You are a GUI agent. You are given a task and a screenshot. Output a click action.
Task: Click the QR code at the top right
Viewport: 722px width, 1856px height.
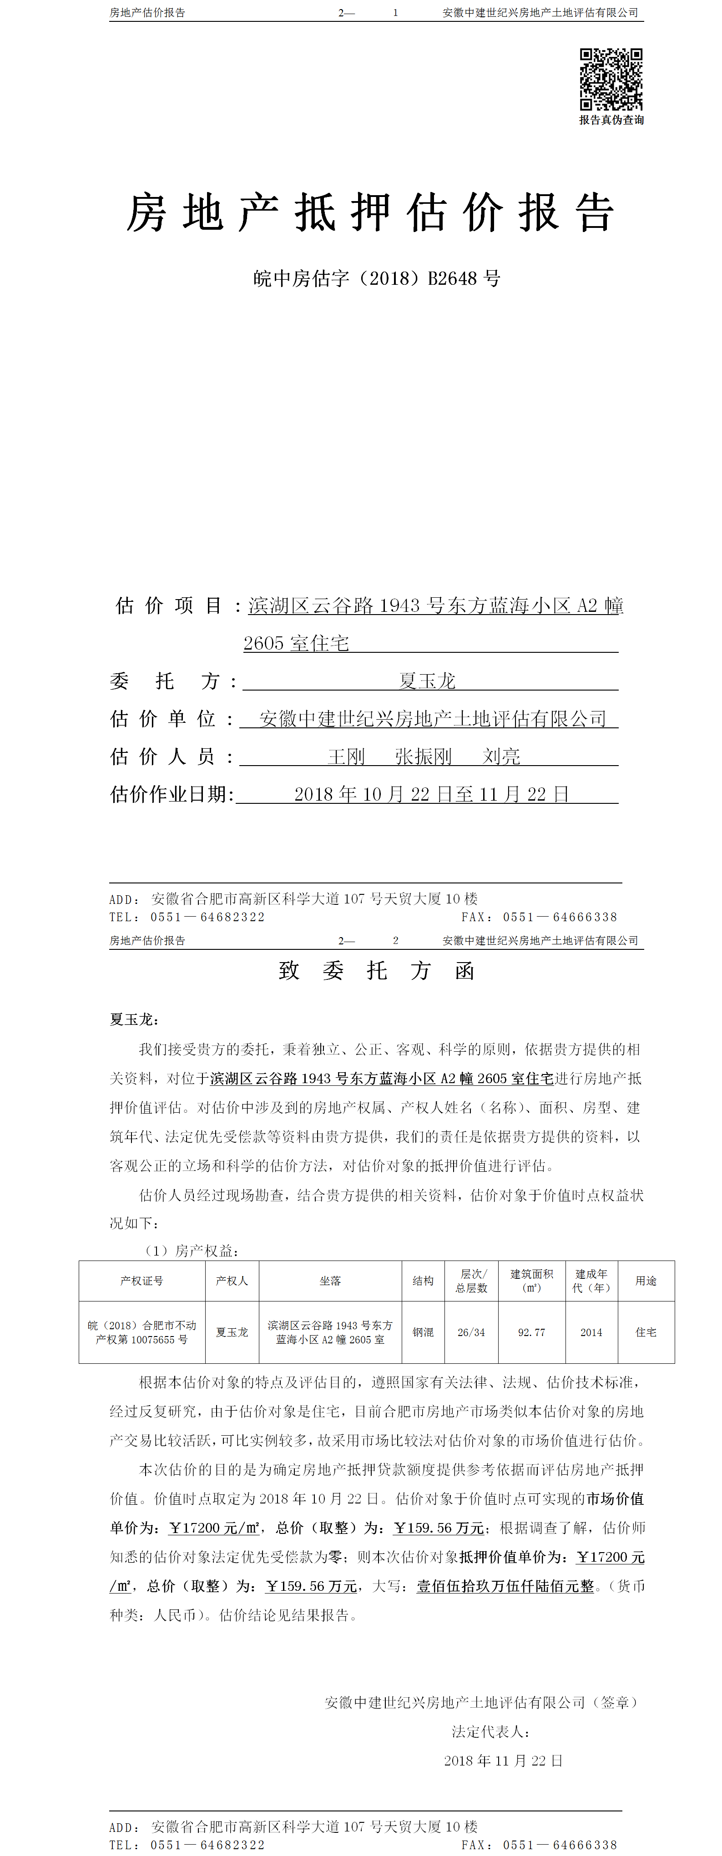[611, 79]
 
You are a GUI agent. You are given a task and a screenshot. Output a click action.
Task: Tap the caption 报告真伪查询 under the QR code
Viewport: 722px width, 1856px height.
[611, 121]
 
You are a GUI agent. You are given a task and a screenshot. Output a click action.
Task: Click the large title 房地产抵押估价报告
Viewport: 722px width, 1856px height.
[370, 213]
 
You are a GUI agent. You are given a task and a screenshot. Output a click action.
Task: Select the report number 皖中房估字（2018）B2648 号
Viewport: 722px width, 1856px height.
[376, 279]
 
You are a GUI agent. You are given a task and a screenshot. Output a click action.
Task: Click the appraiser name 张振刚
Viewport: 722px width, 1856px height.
[423, 757]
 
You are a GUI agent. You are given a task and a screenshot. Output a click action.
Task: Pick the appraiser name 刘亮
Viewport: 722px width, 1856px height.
[501, 757]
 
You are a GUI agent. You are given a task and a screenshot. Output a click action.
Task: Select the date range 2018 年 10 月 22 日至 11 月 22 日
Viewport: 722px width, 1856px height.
[432, 794]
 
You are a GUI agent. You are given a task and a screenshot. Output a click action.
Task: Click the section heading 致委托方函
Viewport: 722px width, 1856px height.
[376, 971]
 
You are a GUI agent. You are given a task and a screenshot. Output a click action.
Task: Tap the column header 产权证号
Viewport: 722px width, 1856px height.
[142, 1281]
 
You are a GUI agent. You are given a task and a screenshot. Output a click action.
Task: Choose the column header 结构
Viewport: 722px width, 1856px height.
[423, 1281]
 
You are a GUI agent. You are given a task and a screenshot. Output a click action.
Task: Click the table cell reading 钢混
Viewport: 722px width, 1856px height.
[423, 1332]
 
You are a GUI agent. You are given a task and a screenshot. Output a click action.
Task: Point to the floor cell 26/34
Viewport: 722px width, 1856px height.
[471, 1332]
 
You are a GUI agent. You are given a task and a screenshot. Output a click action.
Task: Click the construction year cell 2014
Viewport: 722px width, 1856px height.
[591, 1332]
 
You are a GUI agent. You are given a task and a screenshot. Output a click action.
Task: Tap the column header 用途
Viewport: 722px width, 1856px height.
[646, 1281]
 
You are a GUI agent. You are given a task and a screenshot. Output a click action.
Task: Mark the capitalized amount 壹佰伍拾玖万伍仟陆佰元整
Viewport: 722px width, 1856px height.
[505, 1586]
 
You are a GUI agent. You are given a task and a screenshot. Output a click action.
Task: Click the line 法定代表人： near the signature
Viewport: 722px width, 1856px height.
[491, 1731]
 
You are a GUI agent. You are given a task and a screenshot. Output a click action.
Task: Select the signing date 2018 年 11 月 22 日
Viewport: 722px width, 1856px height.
[503, 1760]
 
